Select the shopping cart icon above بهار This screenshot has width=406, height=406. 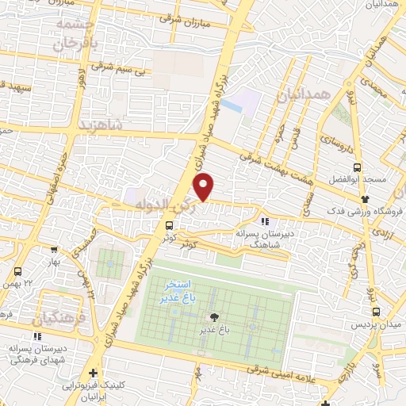click(54, 248)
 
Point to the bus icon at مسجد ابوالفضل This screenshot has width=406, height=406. click(357, 167)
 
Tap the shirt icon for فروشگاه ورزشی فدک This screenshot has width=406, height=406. click(365, 198)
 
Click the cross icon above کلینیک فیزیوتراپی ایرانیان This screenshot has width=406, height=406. click(94, 373)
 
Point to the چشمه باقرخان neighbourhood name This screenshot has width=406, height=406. click(76, 34)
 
